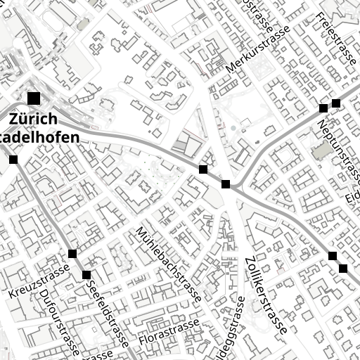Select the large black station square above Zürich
tap(34, 98)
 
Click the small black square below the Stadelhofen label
tap(13, 160)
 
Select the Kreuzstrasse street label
tap(39, 281)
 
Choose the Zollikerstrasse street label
tap(265, 295)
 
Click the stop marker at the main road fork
tap(226, 184)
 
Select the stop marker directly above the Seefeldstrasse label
tap(86, 274)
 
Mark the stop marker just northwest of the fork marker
tap(203, 169)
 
